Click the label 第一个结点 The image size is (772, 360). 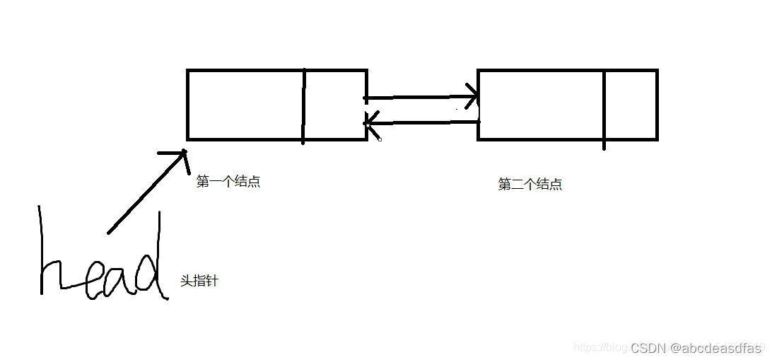(x=228, y=182)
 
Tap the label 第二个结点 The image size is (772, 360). (x=530, y=185)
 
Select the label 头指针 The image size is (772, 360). (x=199, y=281)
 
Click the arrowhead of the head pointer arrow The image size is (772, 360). (x=180, y=155)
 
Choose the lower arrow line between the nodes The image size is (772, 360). (x=424, y=122)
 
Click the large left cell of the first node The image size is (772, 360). (x=245, y=105)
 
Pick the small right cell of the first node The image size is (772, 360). (x=335, y=105)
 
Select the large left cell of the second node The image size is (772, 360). (x=542, y=105)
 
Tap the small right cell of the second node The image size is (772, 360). (x=631, y=105)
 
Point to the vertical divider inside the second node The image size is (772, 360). (x=604, y=106)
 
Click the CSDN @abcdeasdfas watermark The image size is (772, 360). (x=696, y=347)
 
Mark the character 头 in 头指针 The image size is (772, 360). (x=187, y=281)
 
